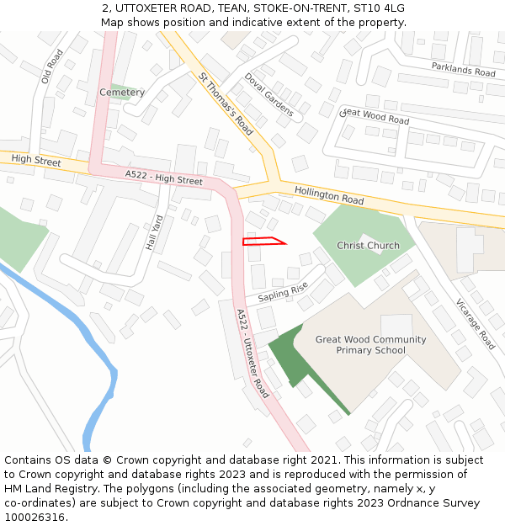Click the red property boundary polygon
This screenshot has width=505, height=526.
(262, 242)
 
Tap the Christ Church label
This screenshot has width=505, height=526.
(368, 246)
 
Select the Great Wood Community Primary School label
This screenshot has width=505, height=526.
(370, 345)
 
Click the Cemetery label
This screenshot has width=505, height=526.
(122, 92)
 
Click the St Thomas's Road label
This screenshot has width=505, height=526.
(226, 104)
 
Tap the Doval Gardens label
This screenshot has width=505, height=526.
(268, 94)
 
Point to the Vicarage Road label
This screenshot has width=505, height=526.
(476, 324)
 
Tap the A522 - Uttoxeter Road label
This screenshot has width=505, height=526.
(252, 353)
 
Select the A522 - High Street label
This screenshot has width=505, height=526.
(163, 177)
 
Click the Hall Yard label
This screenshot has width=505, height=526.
(153, 232)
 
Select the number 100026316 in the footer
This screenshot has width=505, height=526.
(35, 517)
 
